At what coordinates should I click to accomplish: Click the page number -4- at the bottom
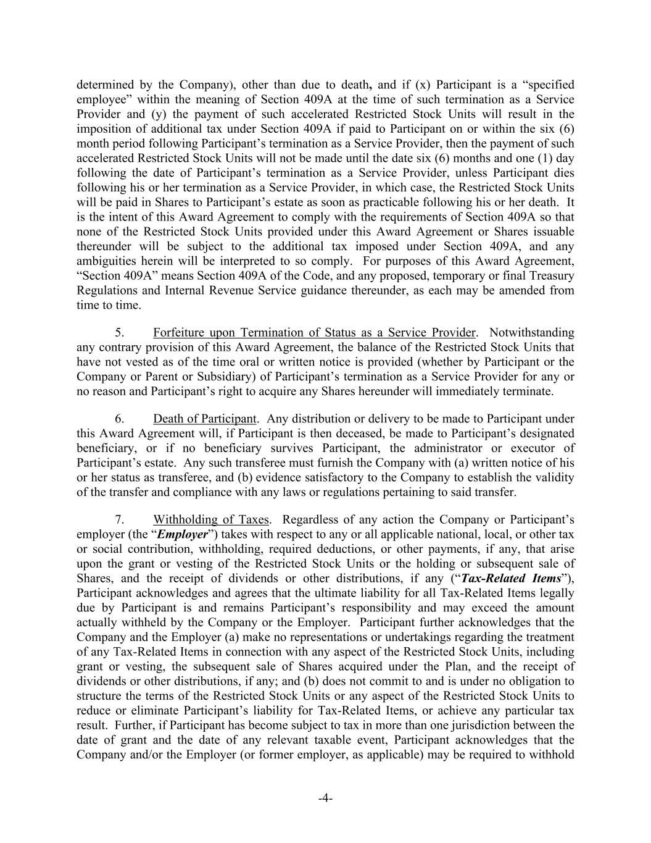click(325, 799)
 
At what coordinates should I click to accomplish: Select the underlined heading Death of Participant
click(205, 419)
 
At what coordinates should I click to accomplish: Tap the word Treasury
click(550, 275)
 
